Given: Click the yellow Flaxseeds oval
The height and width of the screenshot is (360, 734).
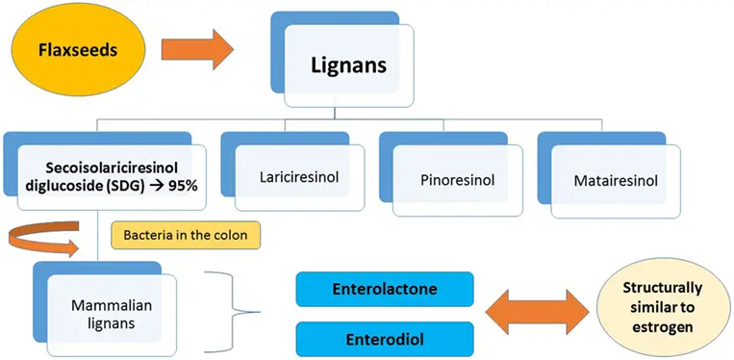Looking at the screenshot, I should tap(72, 47).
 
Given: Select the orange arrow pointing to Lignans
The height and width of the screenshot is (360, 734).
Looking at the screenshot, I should tap(197, 47).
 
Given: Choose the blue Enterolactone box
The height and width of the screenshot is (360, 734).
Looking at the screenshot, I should tap(384, 288).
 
